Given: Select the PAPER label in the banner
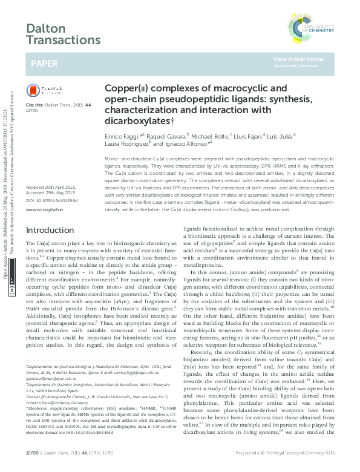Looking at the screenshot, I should coord(45,62).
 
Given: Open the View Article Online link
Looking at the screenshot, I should coord(298,59).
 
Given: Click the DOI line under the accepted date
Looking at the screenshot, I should coord(53,182).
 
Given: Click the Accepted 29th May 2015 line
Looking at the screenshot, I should coord(53,176).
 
